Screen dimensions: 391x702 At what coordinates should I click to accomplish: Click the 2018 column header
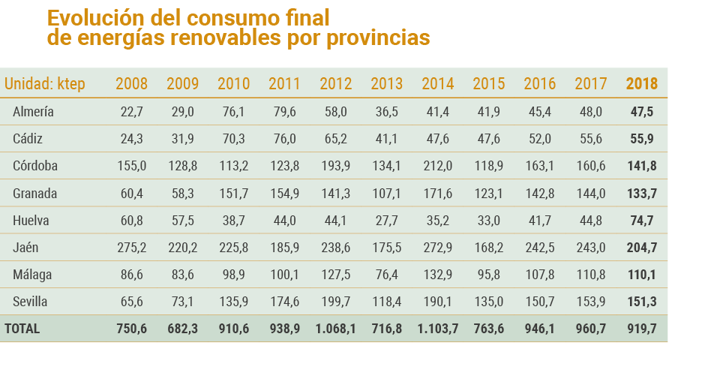641,84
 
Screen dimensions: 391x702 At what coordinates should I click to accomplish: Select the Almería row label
33,112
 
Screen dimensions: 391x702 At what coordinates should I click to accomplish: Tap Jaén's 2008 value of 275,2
132,248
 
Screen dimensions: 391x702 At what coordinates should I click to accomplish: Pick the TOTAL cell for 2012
335,329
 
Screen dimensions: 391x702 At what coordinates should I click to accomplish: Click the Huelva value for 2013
387,221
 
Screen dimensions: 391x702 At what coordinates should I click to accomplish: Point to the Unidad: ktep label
45,84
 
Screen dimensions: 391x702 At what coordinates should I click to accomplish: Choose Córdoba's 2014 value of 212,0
438,166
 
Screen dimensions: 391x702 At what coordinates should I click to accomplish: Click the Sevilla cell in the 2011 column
284,302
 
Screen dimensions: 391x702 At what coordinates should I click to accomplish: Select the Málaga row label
32,275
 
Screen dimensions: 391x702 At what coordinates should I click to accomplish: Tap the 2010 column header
233,84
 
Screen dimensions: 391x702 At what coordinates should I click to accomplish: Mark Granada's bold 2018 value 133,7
642,194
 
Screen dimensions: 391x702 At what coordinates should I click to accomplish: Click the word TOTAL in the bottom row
22,329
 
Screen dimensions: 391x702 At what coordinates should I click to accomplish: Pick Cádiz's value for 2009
182,139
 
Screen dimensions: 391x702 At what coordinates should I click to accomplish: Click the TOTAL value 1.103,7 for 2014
437,329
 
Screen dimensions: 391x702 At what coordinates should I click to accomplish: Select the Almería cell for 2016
540,112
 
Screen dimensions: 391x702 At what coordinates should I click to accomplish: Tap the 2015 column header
488,84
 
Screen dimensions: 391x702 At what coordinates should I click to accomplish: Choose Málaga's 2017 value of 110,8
590,275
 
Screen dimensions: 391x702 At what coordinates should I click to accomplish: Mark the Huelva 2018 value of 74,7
642,221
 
